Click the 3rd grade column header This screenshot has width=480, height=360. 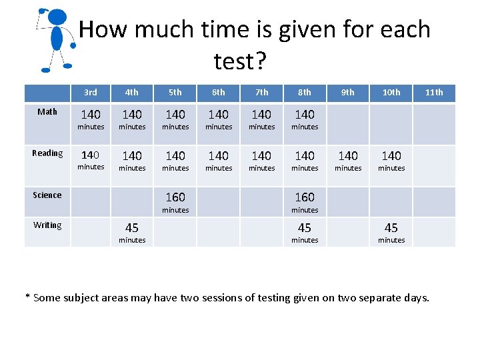(x=91, y=92)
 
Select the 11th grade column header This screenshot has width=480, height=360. (x=434, y=92)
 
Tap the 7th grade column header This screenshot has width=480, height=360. (x=262, y=92)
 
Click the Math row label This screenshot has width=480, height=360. (x=47, y=111)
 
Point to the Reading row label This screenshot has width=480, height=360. (x=47, y=153)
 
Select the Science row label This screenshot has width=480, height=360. (x=47, y=195)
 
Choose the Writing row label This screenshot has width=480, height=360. (x=47, y=225)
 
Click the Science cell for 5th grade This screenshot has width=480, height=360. (x=175, y=201)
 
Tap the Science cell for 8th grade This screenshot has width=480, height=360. (x=305, y=201)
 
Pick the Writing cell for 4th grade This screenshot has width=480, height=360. (x=132, y=232)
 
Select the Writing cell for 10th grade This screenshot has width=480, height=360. (x=391, y=232)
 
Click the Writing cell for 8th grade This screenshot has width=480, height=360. (x=305, y=232)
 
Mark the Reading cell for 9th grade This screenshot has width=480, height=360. (x=348, y=160)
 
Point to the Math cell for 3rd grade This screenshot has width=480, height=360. (x=91, y=119)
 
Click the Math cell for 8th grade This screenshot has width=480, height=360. (x=305, y=119)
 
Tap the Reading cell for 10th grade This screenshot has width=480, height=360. (x=391, y=160)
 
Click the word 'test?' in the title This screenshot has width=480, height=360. (x=240, y=61)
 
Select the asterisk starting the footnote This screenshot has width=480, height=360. (x=28, y=297)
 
